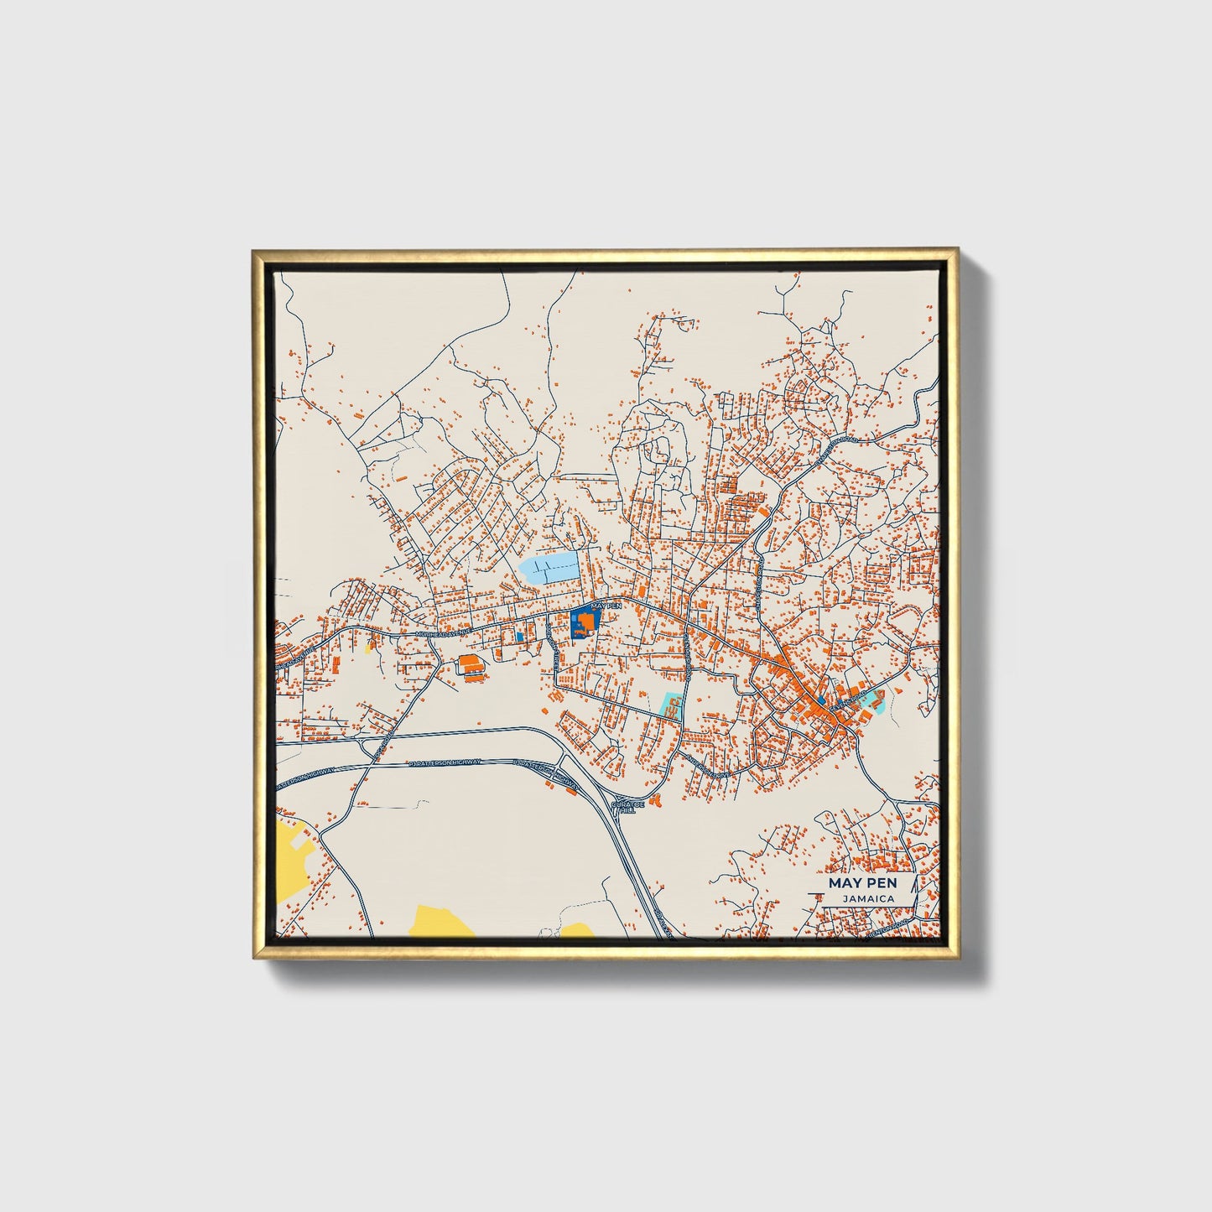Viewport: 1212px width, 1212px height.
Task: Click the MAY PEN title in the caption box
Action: point(862,883)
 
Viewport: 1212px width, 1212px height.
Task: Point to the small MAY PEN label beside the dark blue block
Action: point(606,605)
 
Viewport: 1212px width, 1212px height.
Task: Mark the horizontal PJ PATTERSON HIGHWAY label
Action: point(445,762)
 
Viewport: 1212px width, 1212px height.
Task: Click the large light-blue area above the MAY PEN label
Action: point(549,568)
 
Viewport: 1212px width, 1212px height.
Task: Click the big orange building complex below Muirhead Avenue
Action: point(471,664)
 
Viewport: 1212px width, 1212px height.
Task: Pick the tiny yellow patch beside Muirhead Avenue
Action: point(369,646)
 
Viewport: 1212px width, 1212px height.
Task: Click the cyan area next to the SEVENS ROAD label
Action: point(874,700)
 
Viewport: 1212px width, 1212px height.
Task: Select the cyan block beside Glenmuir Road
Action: point(671,705)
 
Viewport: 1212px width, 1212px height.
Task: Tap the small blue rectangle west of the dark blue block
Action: point(520,637)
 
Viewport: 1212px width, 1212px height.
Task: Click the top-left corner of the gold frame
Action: point(253,251)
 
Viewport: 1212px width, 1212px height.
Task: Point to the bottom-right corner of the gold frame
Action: point(958,958)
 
